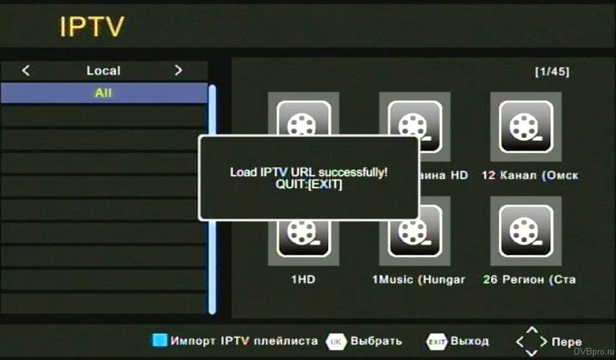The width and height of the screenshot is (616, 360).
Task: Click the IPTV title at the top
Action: click(x=92, y=26)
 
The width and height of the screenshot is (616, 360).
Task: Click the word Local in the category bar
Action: click(x=103, y=71)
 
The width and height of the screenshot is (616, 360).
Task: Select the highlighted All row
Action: click(x=103, y=93)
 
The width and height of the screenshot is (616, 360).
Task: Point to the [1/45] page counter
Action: click(x=552, y=71)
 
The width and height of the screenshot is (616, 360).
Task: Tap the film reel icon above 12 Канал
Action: click(x=525, y=126)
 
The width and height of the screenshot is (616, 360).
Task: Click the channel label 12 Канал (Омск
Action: click(x=530, y=175)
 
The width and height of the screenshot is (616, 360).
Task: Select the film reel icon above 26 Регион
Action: click(x=525, y=230)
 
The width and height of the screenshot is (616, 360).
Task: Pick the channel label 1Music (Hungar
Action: click(x=418, y=279)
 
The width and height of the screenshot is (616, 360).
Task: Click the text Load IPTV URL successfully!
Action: click(x=309, y=172)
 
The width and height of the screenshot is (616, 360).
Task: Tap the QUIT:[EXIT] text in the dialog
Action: click(x=309, y=184)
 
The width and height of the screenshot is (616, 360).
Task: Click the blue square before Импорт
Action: click(x=160, y=341)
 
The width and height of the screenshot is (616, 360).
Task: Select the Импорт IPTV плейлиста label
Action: click(x=244, y=341)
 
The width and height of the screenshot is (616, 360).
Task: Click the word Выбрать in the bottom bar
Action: click(x=377, y=341)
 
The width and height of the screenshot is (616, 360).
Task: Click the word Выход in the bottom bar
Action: click(x=470, y=341)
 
